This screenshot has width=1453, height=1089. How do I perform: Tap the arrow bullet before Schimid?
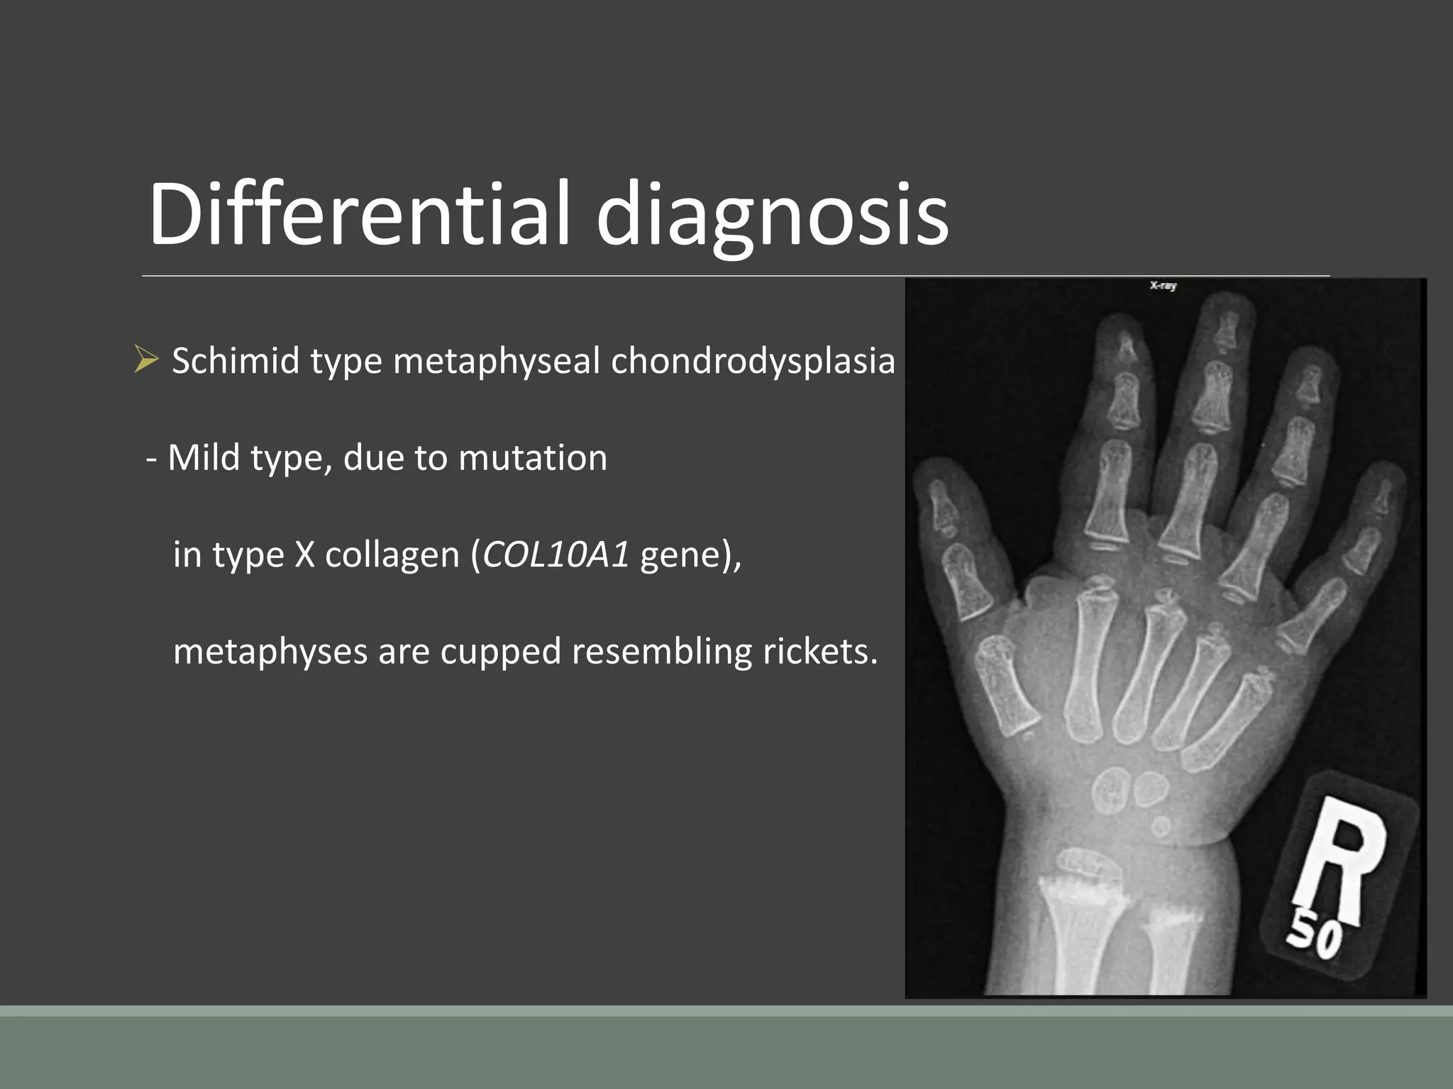pyautogui.click(x=145, y=360)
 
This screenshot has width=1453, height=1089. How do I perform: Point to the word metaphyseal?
pyautogui.click(x=496, y=362)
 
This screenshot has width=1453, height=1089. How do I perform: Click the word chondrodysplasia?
pyautogui.click(x=753, y=362)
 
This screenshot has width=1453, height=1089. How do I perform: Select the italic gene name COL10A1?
pyautogui.click(x=556, y=554)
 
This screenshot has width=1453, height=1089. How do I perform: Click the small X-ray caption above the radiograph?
pyautogui.click(x=1163, y=286)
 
